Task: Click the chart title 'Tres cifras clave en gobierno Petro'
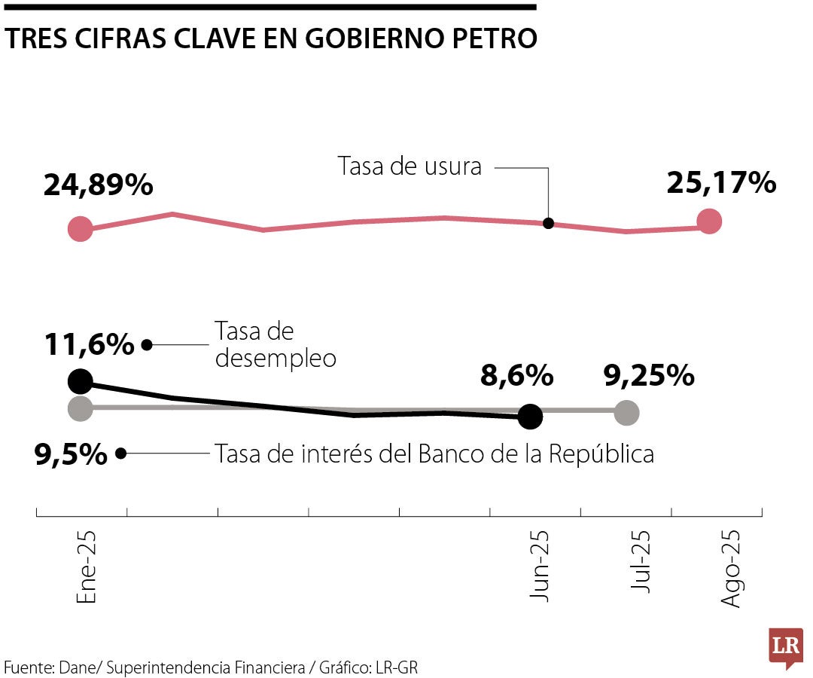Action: pyautogui.click(x=271, y=39)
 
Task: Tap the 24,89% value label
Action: pyautogui.click(x=99, y=185)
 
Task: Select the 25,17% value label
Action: pyautogui.click(x=721, y=183)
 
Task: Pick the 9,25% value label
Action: pyautogui.click(x=649, y=375)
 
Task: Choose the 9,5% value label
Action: pyautogui.click(x=71, y=454)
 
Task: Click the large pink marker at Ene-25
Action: pyautogui.click(x=81, y=228)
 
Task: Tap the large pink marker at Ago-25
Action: pyautogui.click(x=709, y=221)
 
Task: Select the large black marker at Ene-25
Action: pyautogui.click(x=81, y=381)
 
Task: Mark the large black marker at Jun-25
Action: pyautogui.click(x=531, y=417)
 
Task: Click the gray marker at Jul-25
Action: pyautogui.click(x=626, y=412)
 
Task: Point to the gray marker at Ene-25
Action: pyautogui.click(x=81, y=409)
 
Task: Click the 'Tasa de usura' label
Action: pyautogui.click(x=410, y=166)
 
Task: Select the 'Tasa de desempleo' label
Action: pyautogui.click(x=275, y=344)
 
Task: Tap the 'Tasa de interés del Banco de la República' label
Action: pyautogui.click(x=434, y=454)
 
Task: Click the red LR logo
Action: pyautogui.click(x=786, y=647)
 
